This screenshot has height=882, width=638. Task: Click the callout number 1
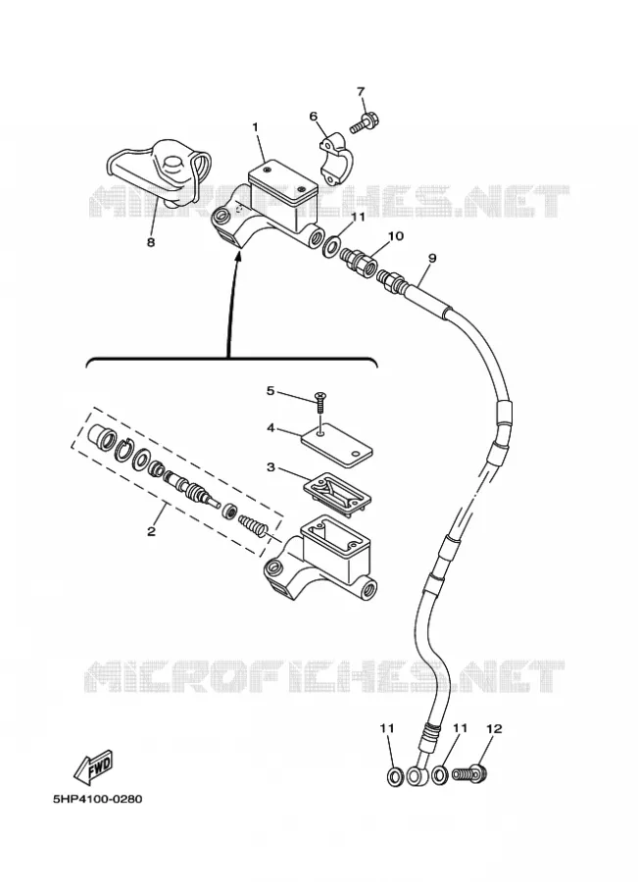[255, 127]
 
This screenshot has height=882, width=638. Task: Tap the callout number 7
[361, 91]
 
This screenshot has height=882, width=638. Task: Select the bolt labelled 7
[365, 122]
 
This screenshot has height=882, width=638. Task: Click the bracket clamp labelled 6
[337, 158]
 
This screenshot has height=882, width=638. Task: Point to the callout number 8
[151, 242]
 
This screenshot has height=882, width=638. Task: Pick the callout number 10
[396, 235]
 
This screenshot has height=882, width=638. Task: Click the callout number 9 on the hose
[432, 258]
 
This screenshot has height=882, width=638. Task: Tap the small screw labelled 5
[321, 404]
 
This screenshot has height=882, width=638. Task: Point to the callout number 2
[151, 530]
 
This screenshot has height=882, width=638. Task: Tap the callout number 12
[493, 728]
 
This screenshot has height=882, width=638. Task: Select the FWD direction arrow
[94, 765]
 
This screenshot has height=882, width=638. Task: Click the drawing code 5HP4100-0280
[98, 799]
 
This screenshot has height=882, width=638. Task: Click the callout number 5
[270, 390]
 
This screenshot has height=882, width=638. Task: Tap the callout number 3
[270, 466]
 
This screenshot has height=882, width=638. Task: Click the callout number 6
[313, 117]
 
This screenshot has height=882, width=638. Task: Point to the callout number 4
[270, 428]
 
